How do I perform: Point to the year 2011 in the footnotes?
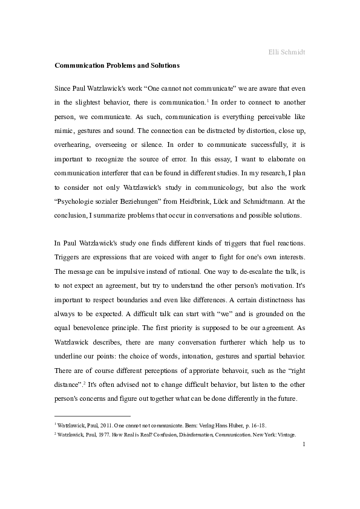pos(97,426)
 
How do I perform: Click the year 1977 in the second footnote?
pos(97,435)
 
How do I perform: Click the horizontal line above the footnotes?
pos(92,416)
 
